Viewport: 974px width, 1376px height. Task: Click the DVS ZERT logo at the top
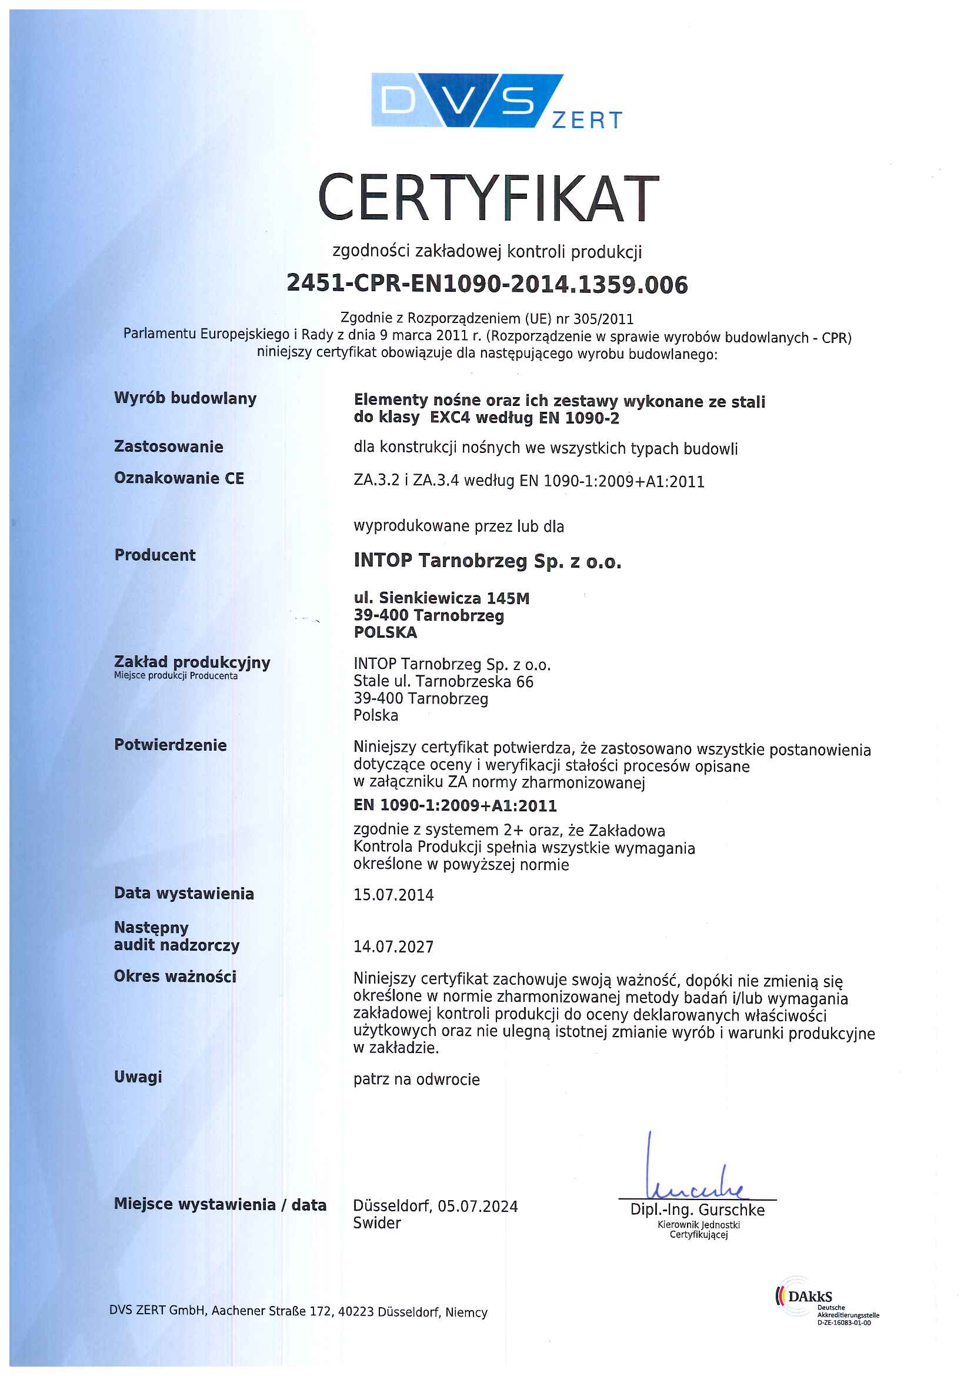pos(496,101)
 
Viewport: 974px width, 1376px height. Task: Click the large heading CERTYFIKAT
pos(488,198)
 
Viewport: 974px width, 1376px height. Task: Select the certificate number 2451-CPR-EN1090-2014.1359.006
pos(487,284)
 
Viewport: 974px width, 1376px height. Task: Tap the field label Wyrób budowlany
pos(185,398)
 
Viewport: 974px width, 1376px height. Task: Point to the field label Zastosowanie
pos(169,447)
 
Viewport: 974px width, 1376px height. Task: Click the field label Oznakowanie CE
pos(179,478)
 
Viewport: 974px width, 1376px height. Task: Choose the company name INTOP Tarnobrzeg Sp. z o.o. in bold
pos(487,560)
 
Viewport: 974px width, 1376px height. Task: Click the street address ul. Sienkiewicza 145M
pos(442,598)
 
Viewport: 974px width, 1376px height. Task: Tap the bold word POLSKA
pos(385,632)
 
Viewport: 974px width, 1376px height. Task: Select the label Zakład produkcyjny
pos(192,662)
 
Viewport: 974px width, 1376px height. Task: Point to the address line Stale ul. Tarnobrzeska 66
pos(443,681)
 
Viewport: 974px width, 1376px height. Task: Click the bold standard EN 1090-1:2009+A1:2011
pos(455,805)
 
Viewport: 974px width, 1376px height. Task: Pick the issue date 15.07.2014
pos(393,895)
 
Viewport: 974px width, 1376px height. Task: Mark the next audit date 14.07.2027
pos(393,947)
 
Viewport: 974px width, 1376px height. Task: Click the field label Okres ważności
pos(175,976)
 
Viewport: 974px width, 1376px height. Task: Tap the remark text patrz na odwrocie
pos(416,1080)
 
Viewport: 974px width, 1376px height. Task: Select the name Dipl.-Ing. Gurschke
pos(697,1210)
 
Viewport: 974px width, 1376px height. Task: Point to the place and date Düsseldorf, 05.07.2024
pos(435,1206)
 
